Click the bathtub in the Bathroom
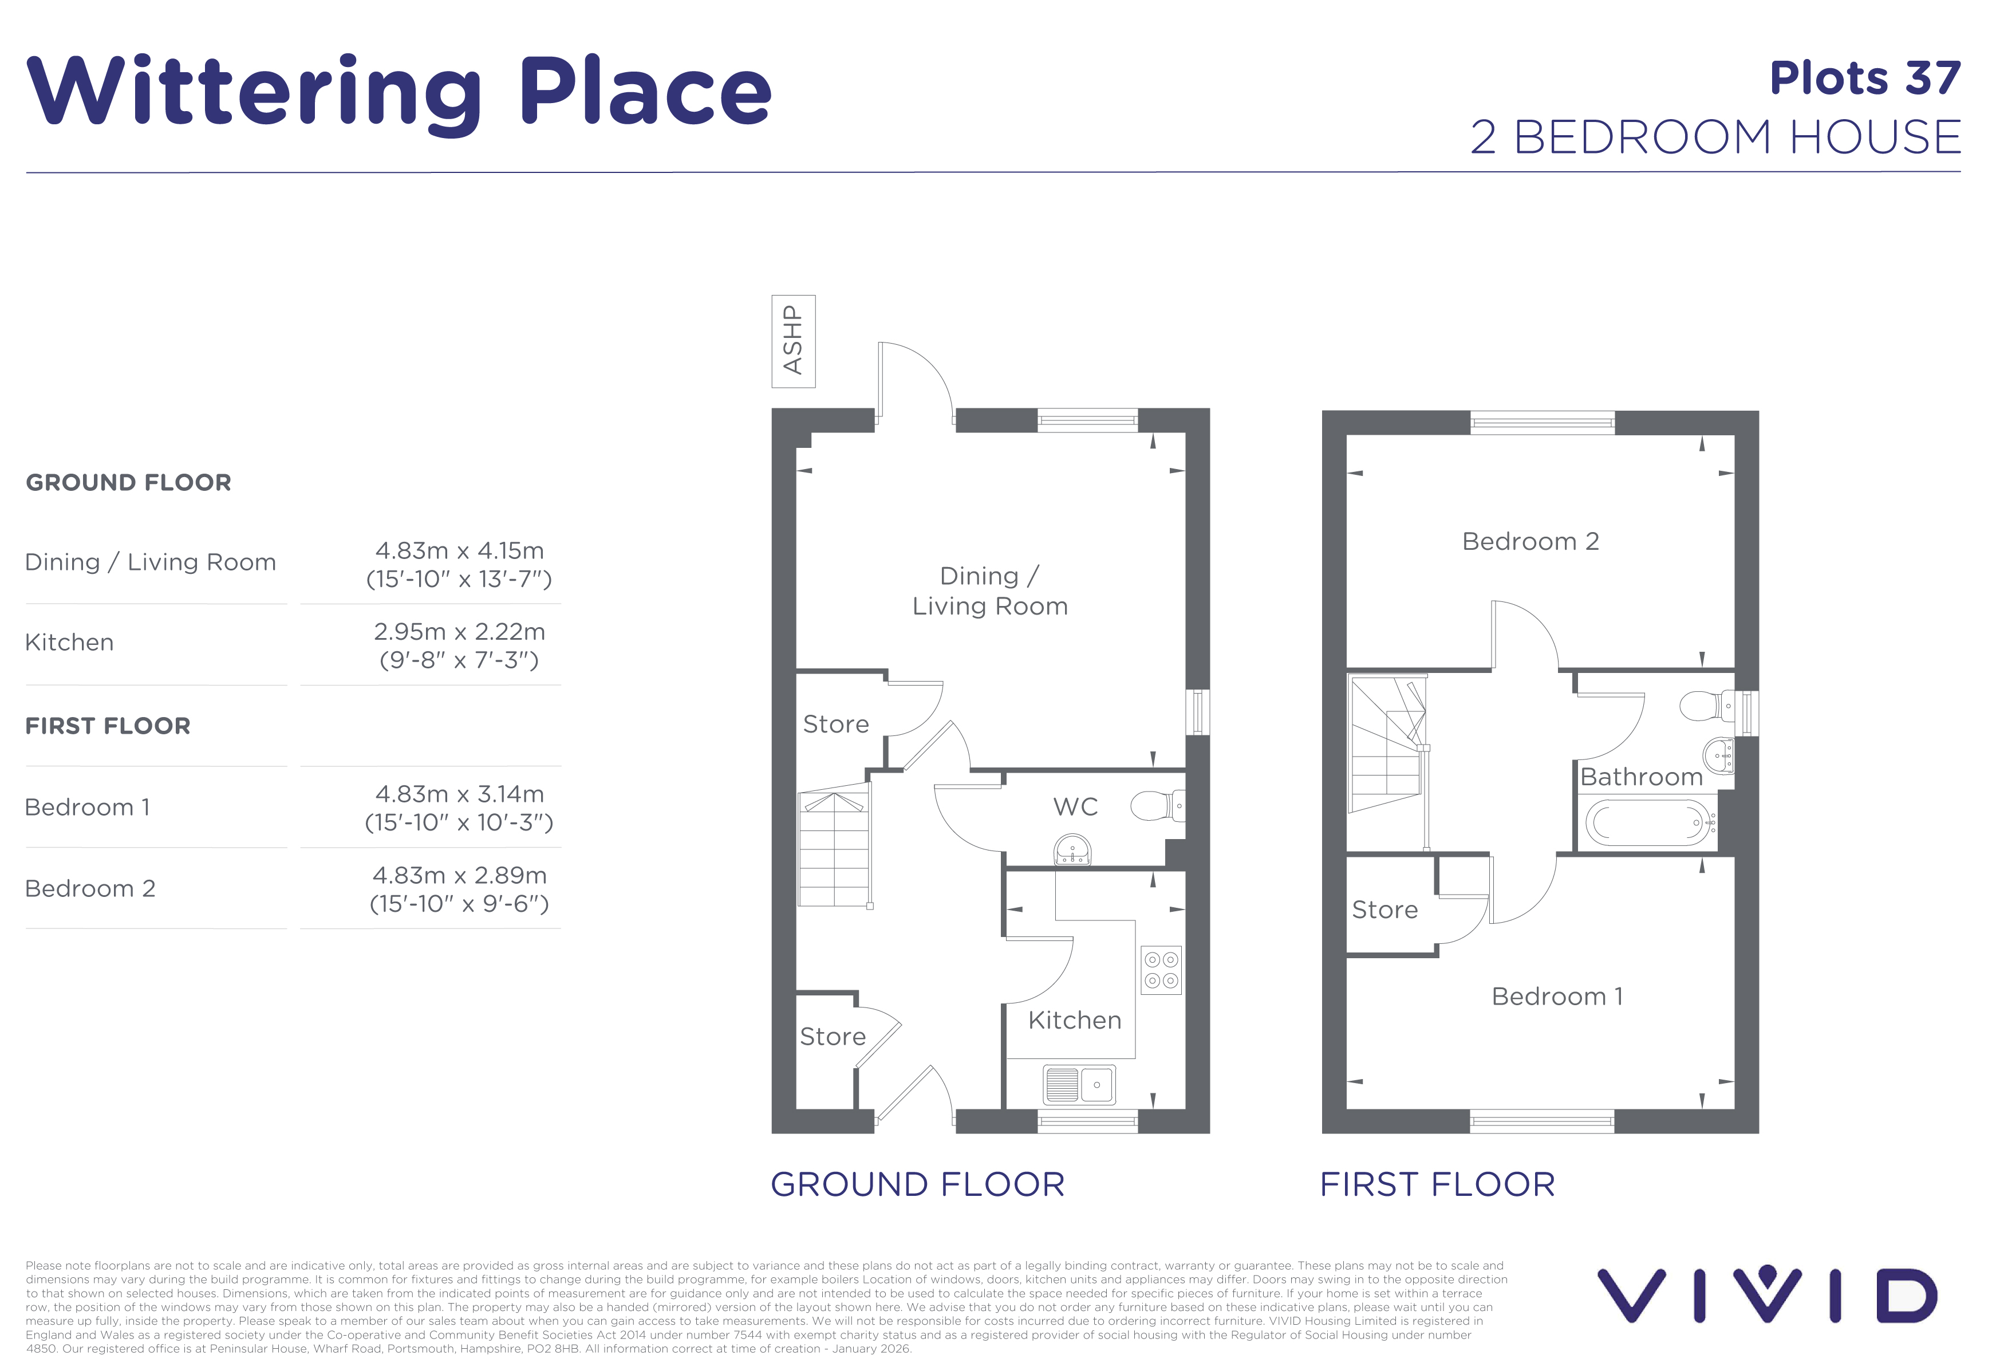click(x=1648, y=822)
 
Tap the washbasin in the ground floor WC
click(x=1072, y=850)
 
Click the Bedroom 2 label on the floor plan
click(x=1530, y=541)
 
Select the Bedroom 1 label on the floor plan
click(x=1557, y=997)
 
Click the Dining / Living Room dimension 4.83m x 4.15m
click(x=459, y=551)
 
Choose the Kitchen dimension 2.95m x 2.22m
click(x=459, y=631)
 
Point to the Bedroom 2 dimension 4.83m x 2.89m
click(x=459, y=875)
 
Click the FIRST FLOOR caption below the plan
click(x=1437, y=1184)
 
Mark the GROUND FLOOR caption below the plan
click(x=917, y=1184)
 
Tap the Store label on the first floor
click(x=1384, y=910)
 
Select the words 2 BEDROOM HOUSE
click(x=1716, y=137)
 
